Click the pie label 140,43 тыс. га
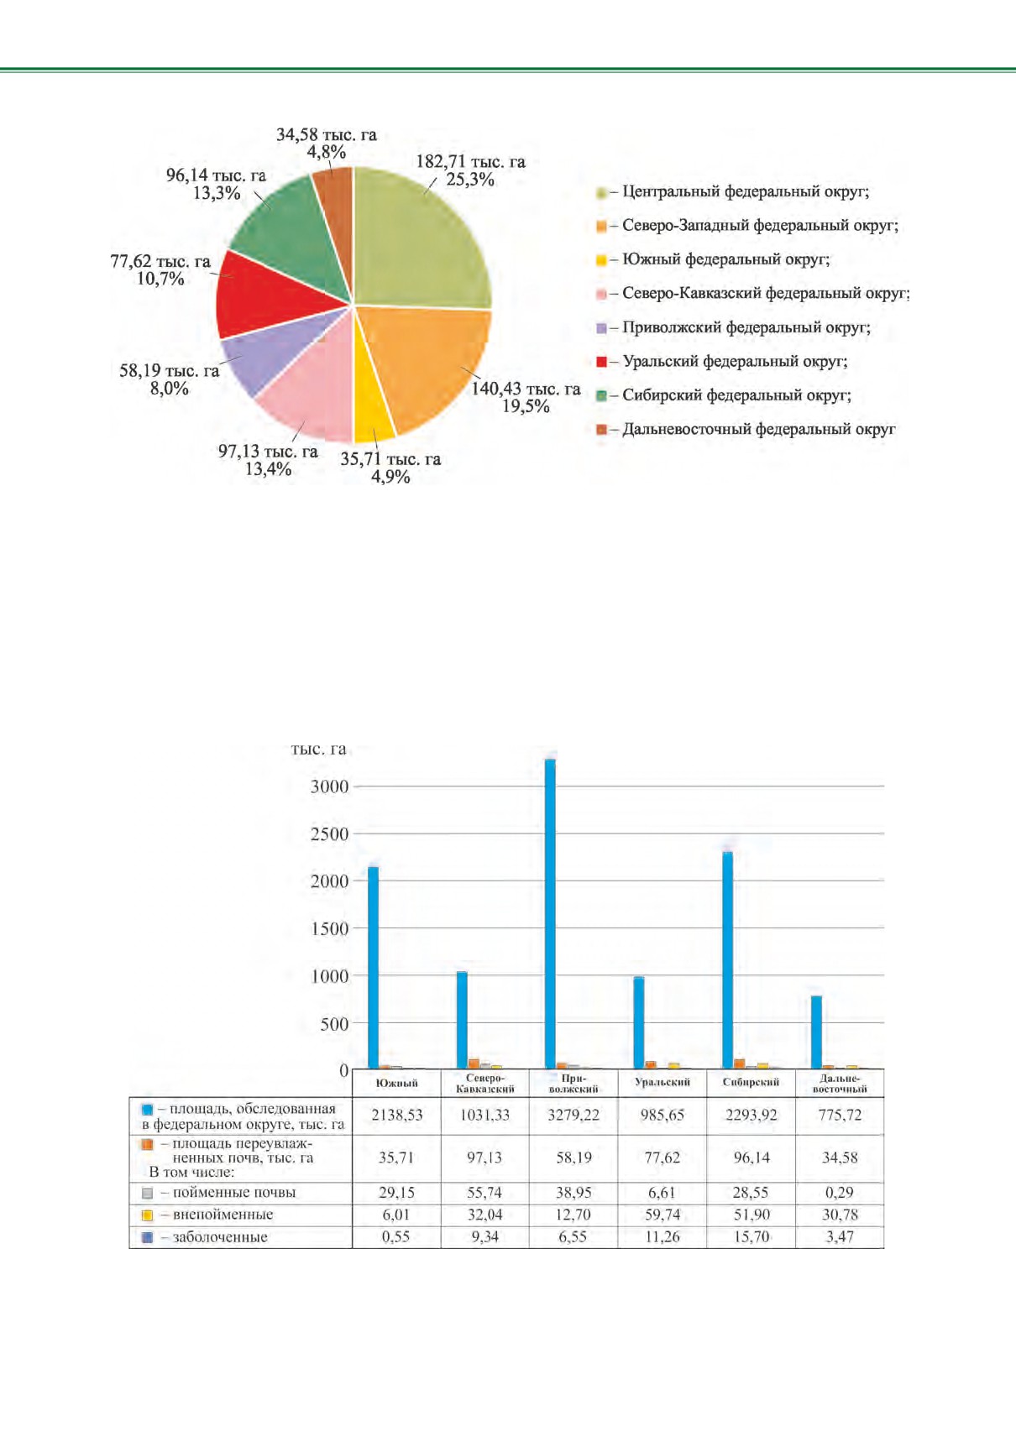(526, 389)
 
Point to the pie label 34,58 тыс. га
(326, 134)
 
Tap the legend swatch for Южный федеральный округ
(601, 260)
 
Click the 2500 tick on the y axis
(329, 834)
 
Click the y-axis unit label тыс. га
(318, 750)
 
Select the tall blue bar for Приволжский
(550, 914)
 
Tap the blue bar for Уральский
(639, 1022)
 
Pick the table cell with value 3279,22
(573, 1115)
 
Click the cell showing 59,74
(662, 1215)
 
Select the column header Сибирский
(751, 1082)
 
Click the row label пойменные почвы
(228, 1193)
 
